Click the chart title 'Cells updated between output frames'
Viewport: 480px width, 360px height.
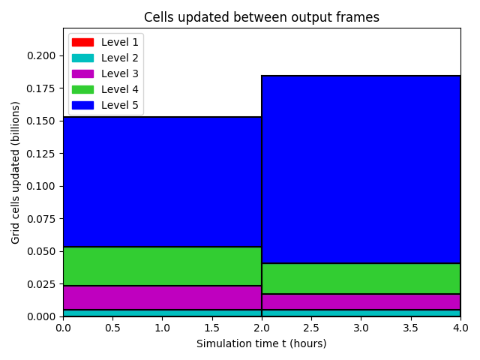pyautogui.click(x=262, y=17)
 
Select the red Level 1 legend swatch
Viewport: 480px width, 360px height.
pyautogui.click(x=82, y=42)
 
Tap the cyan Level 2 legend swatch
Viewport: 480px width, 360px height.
pyautogui.click(x=82, y=58)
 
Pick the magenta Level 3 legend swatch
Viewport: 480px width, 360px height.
pyautogui.click(x=82, y=73)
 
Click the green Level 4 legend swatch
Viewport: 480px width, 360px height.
pyautogui.click(x=82, y=89)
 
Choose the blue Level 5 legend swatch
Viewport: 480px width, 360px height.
pyautogui.click(x=82, y=105)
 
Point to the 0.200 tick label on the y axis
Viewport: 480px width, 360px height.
pyautogui.click(x=41, y=55)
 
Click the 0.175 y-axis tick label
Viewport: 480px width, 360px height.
pyautogui.click(x=41, y=88)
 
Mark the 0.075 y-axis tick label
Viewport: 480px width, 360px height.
pyautogui.click(x=41, y=219)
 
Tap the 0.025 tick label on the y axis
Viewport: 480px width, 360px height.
pyautogui.click(x=41, y=284)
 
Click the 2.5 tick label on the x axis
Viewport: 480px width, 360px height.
pyautogui.click(x=311, y=328)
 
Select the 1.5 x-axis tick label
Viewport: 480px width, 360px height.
pyautogui.click(x=211, y=328)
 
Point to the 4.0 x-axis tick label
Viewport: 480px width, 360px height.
pyautogui.click(x=460, y=328)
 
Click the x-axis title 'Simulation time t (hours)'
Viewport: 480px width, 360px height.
pyautogui.click(x=262, y=343)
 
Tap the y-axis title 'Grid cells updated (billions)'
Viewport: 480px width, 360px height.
pyautogui.click(x=15, y=172)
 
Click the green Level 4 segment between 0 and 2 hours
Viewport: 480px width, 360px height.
pyautogui.click(x=162, y=266)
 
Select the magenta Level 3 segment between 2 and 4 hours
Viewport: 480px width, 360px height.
pyautogui.click(x=361, y=301)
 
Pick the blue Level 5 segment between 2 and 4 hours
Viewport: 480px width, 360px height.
pyautogui.click(x=361, y=169)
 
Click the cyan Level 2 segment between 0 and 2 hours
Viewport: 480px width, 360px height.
pyautogui.click(x=162, y=313)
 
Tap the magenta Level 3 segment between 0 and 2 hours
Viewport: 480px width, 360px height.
pyautogui.click(x=162, y=298)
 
